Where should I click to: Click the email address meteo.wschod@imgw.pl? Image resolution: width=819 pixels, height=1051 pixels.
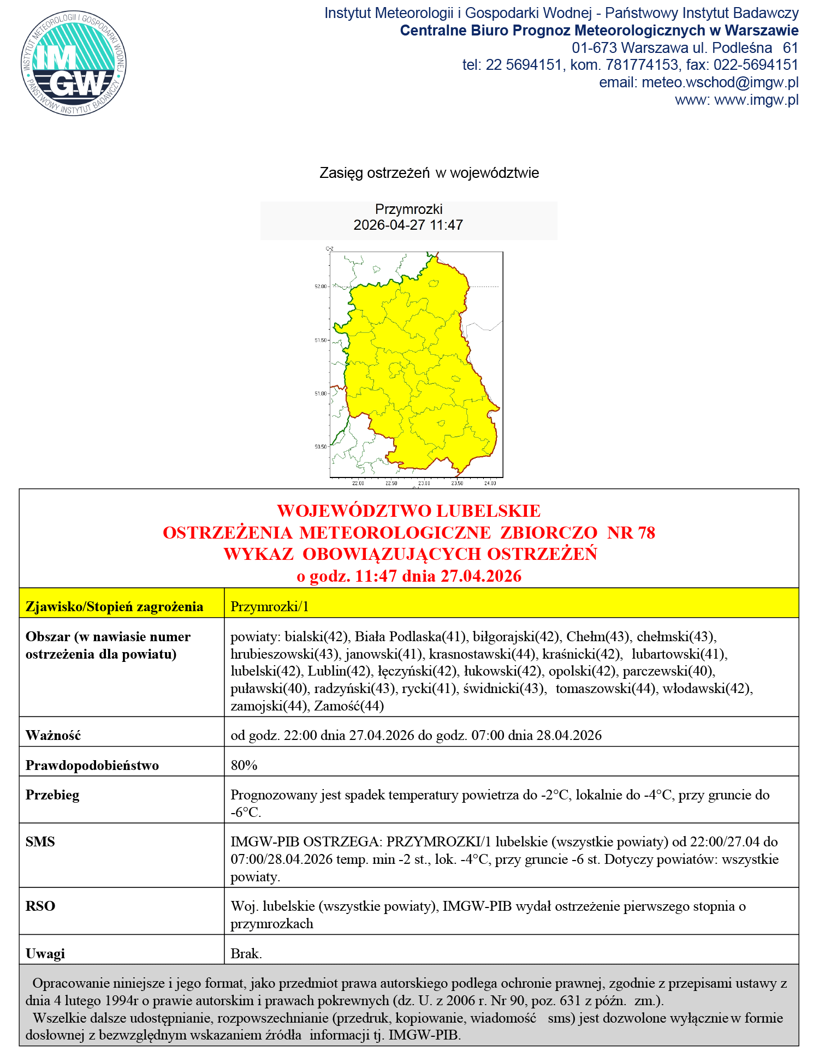[x=720, y=82]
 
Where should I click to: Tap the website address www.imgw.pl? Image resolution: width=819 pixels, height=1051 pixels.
[x=756, y=100]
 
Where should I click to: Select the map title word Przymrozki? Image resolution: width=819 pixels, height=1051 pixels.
[x=408, y=209]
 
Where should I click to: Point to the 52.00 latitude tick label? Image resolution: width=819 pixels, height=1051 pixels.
[x=321, y=286]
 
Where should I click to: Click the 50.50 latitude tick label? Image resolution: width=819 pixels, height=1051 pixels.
[x=321, y=447]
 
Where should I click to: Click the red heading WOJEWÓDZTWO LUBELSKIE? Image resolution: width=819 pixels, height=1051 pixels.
[x=408, y=511]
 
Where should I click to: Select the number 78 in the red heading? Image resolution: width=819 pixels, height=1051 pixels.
[x=645, y=533]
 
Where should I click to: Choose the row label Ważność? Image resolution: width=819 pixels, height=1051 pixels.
[x=53, y=735]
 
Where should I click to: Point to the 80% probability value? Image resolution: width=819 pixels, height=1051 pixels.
[x=244, y=765]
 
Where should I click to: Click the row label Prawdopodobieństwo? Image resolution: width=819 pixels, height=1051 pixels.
[x=92, y=765]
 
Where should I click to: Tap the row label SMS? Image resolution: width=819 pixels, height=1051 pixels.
[x=40, y=841]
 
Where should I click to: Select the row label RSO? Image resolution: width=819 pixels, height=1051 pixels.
[x=40, y=906]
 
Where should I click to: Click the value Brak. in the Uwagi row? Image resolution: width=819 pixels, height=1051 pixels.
[x=246, y=953]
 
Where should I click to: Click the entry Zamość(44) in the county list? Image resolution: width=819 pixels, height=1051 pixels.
[x=349, y=706]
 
